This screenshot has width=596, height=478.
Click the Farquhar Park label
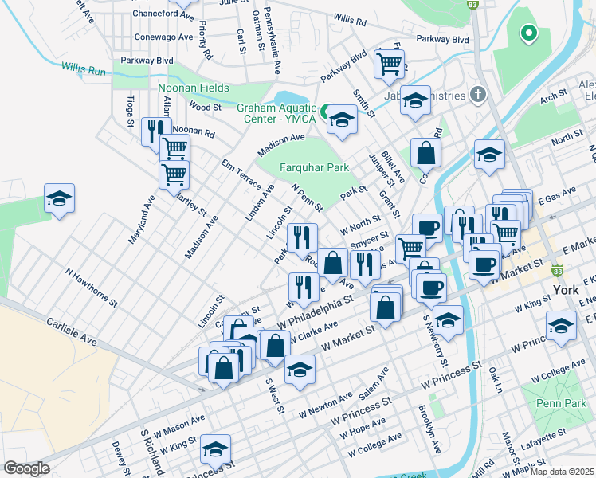[x=315, y=168]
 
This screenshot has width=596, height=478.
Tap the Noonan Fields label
[x=194, y=88]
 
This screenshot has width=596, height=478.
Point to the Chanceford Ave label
[x=165, y=14]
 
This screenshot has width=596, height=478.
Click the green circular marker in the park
[x=527, y=33]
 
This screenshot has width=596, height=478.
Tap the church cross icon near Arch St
[x=477, y=95]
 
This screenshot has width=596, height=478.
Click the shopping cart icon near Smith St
[x=389, y=63]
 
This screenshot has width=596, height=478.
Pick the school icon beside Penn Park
[x=561, y=325]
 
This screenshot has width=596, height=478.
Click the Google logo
[x=26, y=468]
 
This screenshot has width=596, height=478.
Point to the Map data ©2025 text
[x=563, y=472]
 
